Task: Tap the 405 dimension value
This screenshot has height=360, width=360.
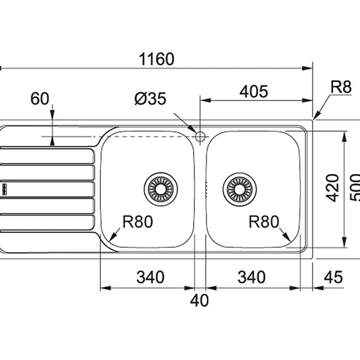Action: [x=253, y=91]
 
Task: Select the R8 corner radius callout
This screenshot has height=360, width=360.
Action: [x=340, y=88]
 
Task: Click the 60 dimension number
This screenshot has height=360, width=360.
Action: [x=40, y=99]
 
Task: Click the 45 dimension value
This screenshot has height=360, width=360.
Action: [x=333, y=277]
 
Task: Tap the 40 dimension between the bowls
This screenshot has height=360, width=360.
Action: [x=200, y=300]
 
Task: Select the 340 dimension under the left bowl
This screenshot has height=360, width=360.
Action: [x=150, y=277]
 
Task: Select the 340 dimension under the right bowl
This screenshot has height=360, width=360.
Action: [x=251, y=277]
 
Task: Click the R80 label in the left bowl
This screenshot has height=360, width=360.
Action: [x=138, y=222]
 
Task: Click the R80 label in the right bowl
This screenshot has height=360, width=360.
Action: [x=264, y=222]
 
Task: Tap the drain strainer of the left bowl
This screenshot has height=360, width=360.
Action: [x=160, y=188]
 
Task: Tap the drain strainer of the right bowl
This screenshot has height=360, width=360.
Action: [x=240, y=188]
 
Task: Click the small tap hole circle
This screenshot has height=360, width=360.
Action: [x=200, y=137]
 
